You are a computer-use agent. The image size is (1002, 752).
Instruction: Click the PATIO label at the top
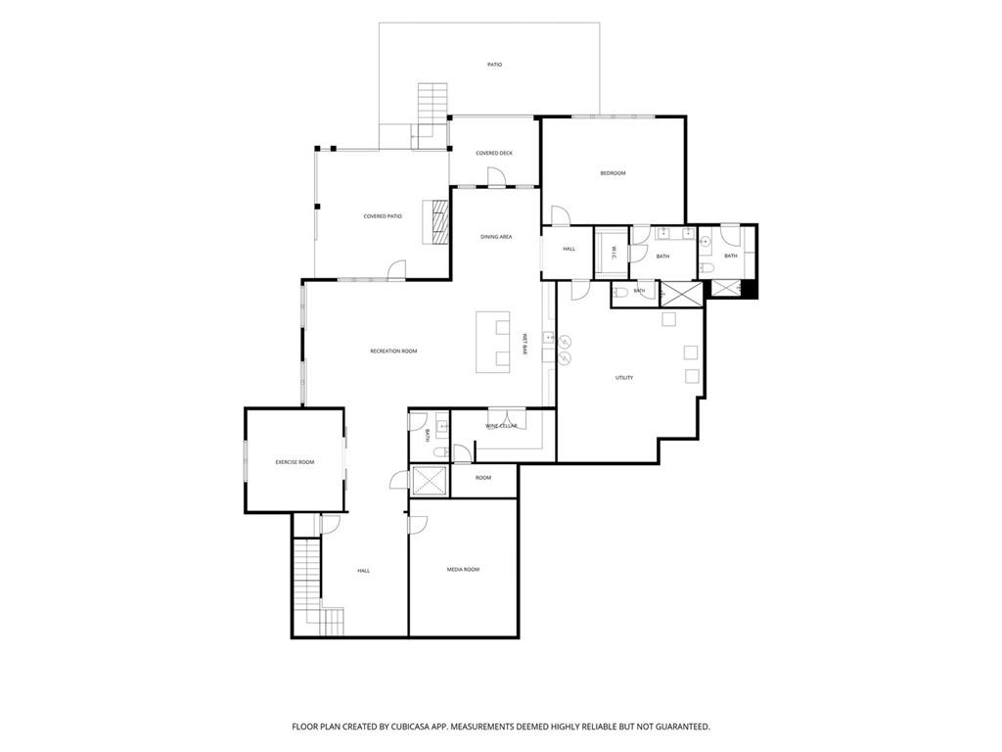494,65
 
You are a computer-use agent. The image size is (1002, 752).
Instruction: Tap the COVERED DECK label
494,153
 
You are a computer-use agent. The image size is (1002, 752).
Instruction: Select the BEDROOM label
613,172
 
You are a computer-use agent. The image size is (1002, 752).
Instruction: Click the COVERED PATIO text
383,216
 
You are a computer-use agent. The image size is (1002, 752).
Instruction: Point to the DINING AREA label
496,237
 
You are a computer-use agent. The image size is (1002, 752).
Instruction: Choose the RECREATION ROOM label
393,352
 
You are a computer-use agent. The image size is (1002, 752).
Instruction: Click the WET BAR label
525,344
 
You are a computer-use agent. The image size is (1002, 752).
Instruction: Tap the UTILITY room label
624,378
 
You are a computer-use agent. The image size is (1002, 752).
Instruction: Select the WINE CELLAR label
501,426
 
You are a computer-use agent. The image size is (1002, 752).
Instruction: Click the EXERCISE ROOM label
295,462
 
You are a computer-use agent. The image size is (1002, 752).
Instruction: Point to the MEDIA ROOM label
463,569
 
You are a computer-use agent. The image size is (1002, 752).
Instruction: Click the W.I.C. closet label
612,253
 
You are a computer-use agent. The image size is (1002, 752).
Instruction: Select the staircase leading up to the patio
432,105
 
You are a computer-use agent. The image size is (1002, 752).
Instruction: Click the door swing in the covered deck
494,176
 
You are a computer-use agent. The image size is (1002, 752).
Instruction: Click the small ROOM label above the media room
483,478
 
